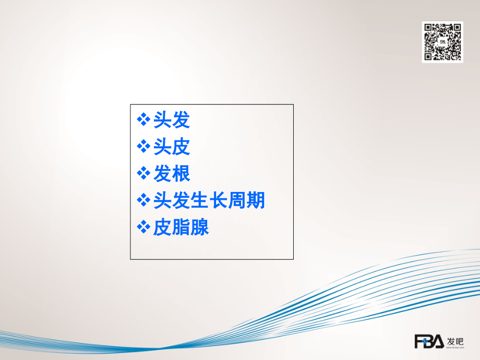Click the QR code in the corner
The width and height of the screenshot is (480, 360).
[x=442, y=42]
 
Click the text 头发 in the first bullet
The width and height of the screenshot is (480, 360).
[x=172, y=121]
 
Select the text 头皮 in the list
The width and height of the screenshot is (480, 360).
[x=172, y=147]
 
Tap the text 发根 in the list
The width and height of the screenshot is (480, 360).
[x=172, y=174]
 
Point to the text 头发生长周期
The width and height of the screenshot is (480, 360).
[x=209, y=201]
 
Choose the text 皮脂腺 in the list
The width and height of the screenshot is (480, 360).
[x=181, y=227]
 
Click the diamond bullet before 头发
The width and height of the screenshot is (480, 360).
[x=143, y=121]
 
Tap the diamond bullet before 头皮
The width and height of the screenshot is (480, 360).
[x=143, y=147]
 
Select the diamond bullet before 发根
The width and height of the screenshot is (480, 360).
[x=143, y=174]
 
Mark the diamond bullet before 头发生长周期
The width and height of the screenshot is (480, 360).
[x=143, y=201]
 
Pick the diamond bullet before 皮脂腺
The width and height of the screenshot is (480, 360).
[x=143, y=227]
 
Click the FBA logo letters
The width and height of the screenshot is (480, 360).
[x=429, y=342]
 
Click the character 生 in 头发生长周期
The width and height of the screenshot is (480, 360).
[x=200, y=201]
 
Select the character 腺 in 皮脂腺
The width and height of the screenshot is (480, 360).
[x=200, y=227]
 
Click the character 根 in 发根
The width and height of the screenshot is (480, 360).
[x=181, y=174]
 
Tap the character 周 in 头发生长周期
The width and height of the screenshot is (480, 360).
[x=237, y=201]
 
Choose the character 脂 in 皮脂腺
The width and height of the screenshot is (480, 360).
[x=181, y=227]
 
